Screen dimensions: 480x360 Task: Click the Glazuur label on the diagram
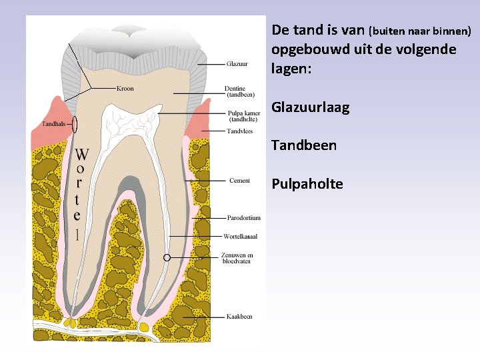pyautogui.click(x=237, y=64)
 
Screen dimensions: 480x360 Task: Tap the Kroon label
pyautogui.click(x=125, y=88)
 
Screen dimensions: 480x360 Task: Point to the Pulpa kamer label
pyautogui.click(x=243, y=117)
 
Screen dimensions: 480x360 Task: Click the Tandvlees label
pyautogui.click(x=239, y=131)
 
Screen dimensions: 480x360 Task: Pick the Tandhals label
pyautogui.click(x=53, y=123)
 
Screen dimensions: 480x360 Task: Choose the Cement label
pyautogui.click(x=239, y=181)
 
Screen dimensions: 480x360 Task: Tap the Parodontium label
pyautogui.click(x=243, y=218)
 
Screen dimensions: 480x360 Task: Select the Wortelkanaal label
pyautogui.click(x=241, y=237)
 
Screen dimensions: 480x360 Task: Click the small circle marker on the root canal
pyautogui.click(x=167, y=257)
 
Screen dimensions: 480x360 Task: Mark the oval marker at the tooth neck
pyautogui.click(x=75, y=124)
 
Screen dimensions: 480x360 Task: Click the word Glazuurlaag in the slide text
pyautogui.click(x=310, y=107)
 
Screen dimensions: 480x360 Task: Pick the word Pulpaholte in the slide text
pyautogui.click(x=307, y=183)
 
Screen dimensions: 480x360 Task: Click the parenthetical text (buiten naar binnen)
pyautogui.click(x=420, y=31)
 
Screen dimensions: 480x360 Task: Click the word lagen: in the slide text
pyautogui.click(x=291, y=68)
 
